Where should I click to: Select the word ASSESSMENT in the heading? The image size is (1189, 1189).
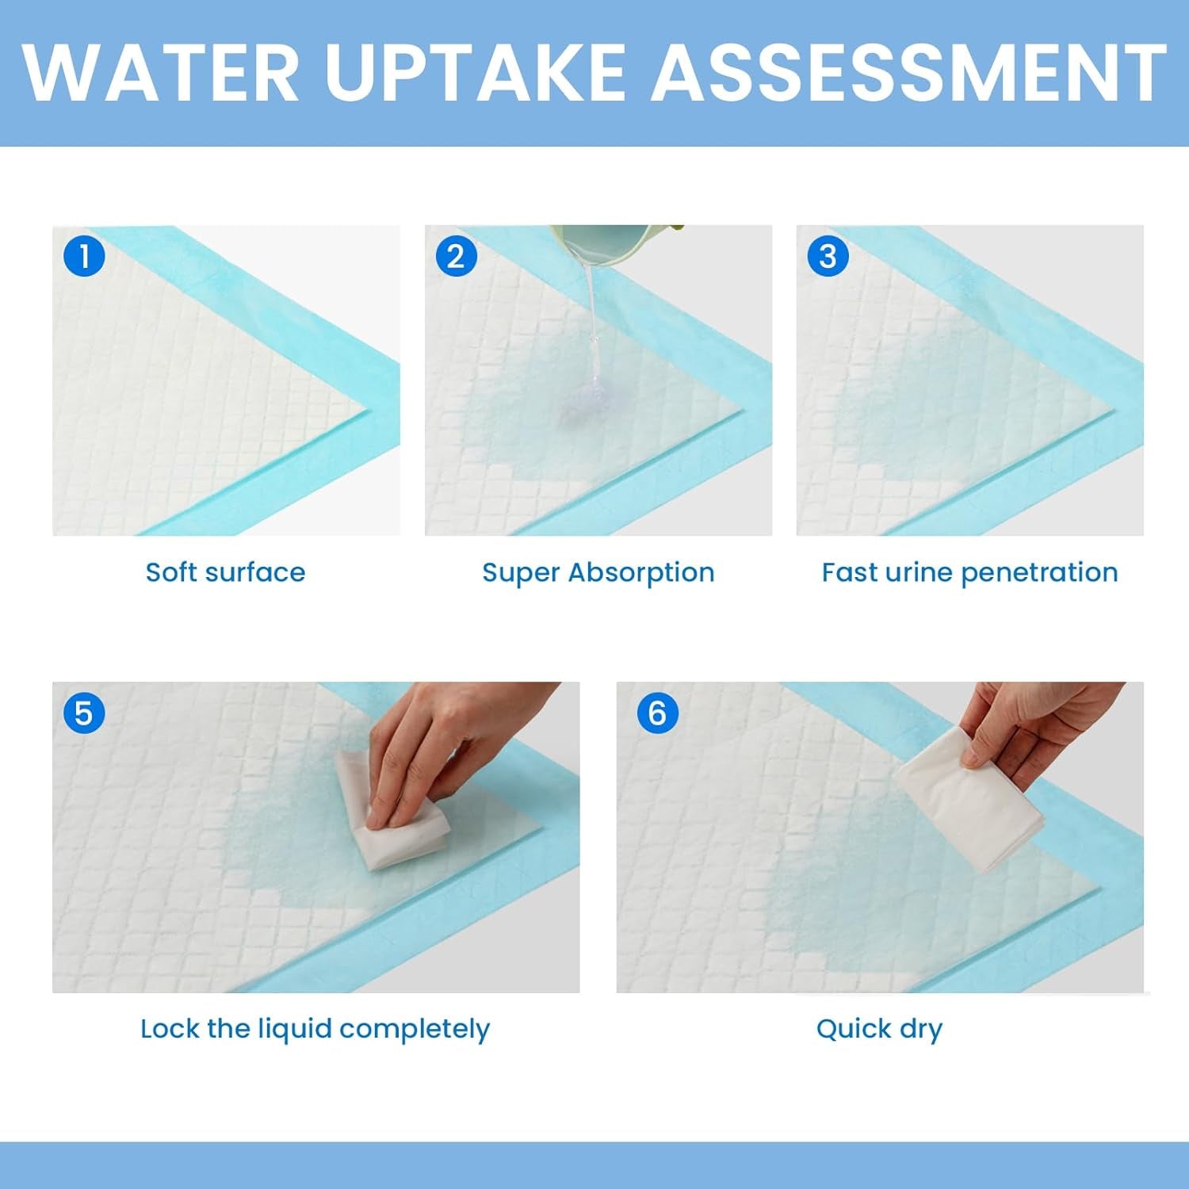point(908,73)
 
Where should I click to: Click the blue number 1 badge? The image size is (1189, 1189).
point(84,256)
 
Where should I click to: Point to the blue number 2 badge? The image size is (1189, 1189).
point(456,256)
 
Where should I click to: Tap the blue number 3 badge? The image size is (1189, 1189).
point(828,256)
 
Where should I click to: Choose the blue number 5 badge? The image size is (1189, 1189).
point(84,713)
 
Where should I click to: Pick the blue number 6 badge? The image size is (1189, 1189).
point(657,713)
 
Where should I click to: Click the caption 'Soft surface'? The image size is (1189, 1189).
point(225,572)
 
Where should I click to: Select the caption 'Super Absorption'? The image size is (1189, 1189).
point(598,572)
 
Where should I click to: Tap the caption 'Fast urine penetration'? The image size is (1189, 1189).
point(969,572)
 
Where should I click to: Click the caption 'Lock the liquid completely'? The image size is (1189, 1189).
point(315,1029)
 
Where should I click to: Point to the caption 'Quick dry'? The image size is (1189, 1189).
point(879,1029)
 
